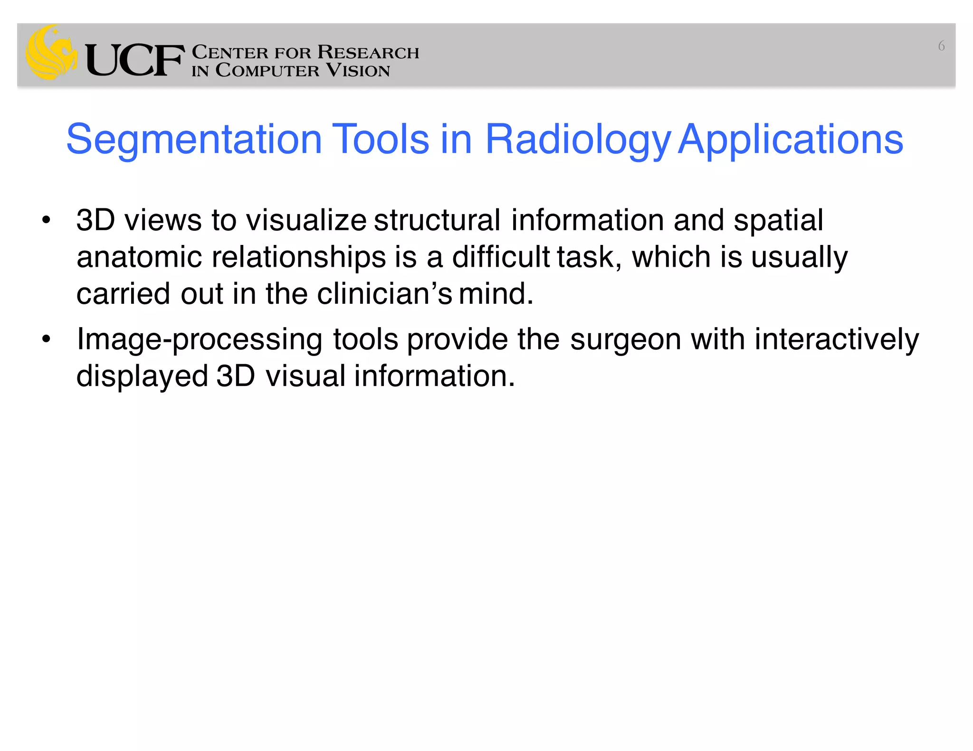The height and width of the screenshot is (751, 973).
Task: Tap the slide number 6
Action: tap(941, 47)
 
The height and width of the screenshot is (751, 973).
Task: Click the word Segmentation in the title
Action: tap(194, 140)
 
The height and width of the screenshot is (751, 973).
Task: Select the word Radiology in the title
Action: tap(577, 140)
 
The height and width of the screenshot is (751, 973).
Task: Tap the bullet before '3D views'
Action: tap(46, 221)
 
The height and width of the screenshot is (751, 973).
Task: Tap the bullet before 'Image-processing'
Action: tap(46, 339)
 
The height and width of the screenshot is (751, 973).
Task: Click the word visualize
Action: tap(306, 221)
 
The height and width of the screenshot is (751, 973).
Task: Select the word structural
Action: tap(437, 221)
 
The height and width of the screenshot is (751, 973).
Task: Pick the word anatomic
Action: tap(139, 257)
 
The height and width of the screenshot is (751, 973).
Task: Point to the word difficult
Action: tap(501, 257)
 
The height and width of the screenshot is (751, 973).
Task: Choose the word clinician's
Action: tap(384, 294)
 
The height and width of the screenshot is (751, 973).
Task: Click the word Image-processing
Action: tap(200, 340)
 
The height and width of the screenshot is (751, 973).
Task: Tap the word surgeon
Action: tap(626, 340)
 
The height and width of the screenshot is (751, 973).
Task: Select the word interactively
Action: tap(837, 340)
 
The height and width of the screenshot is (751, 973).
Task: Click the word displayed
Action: tap(142, 377)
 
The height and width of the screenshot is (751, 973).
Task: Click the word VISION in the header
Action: tap(358, 71)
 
